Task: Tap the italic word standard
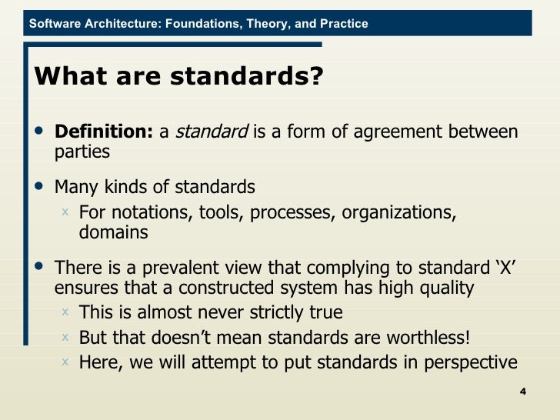(x=212, y=132)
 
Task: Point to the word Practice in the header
(x=342, y=24)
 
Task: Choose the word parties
(x=82, y=152)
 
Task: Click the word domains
(x=114, y=232)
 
